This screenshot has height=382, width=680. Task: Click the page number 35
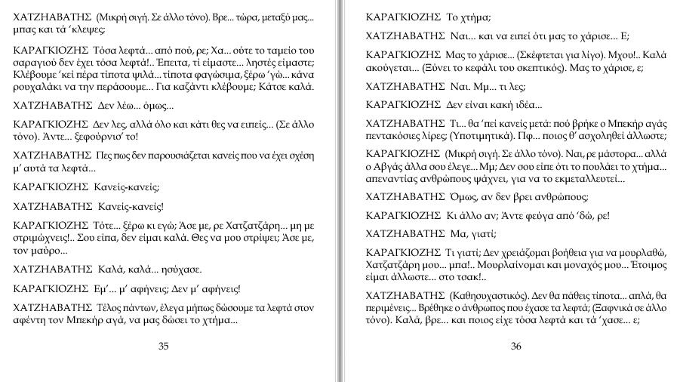point(164,347)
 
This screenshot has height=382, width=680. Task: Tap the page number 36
point(516,347)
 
